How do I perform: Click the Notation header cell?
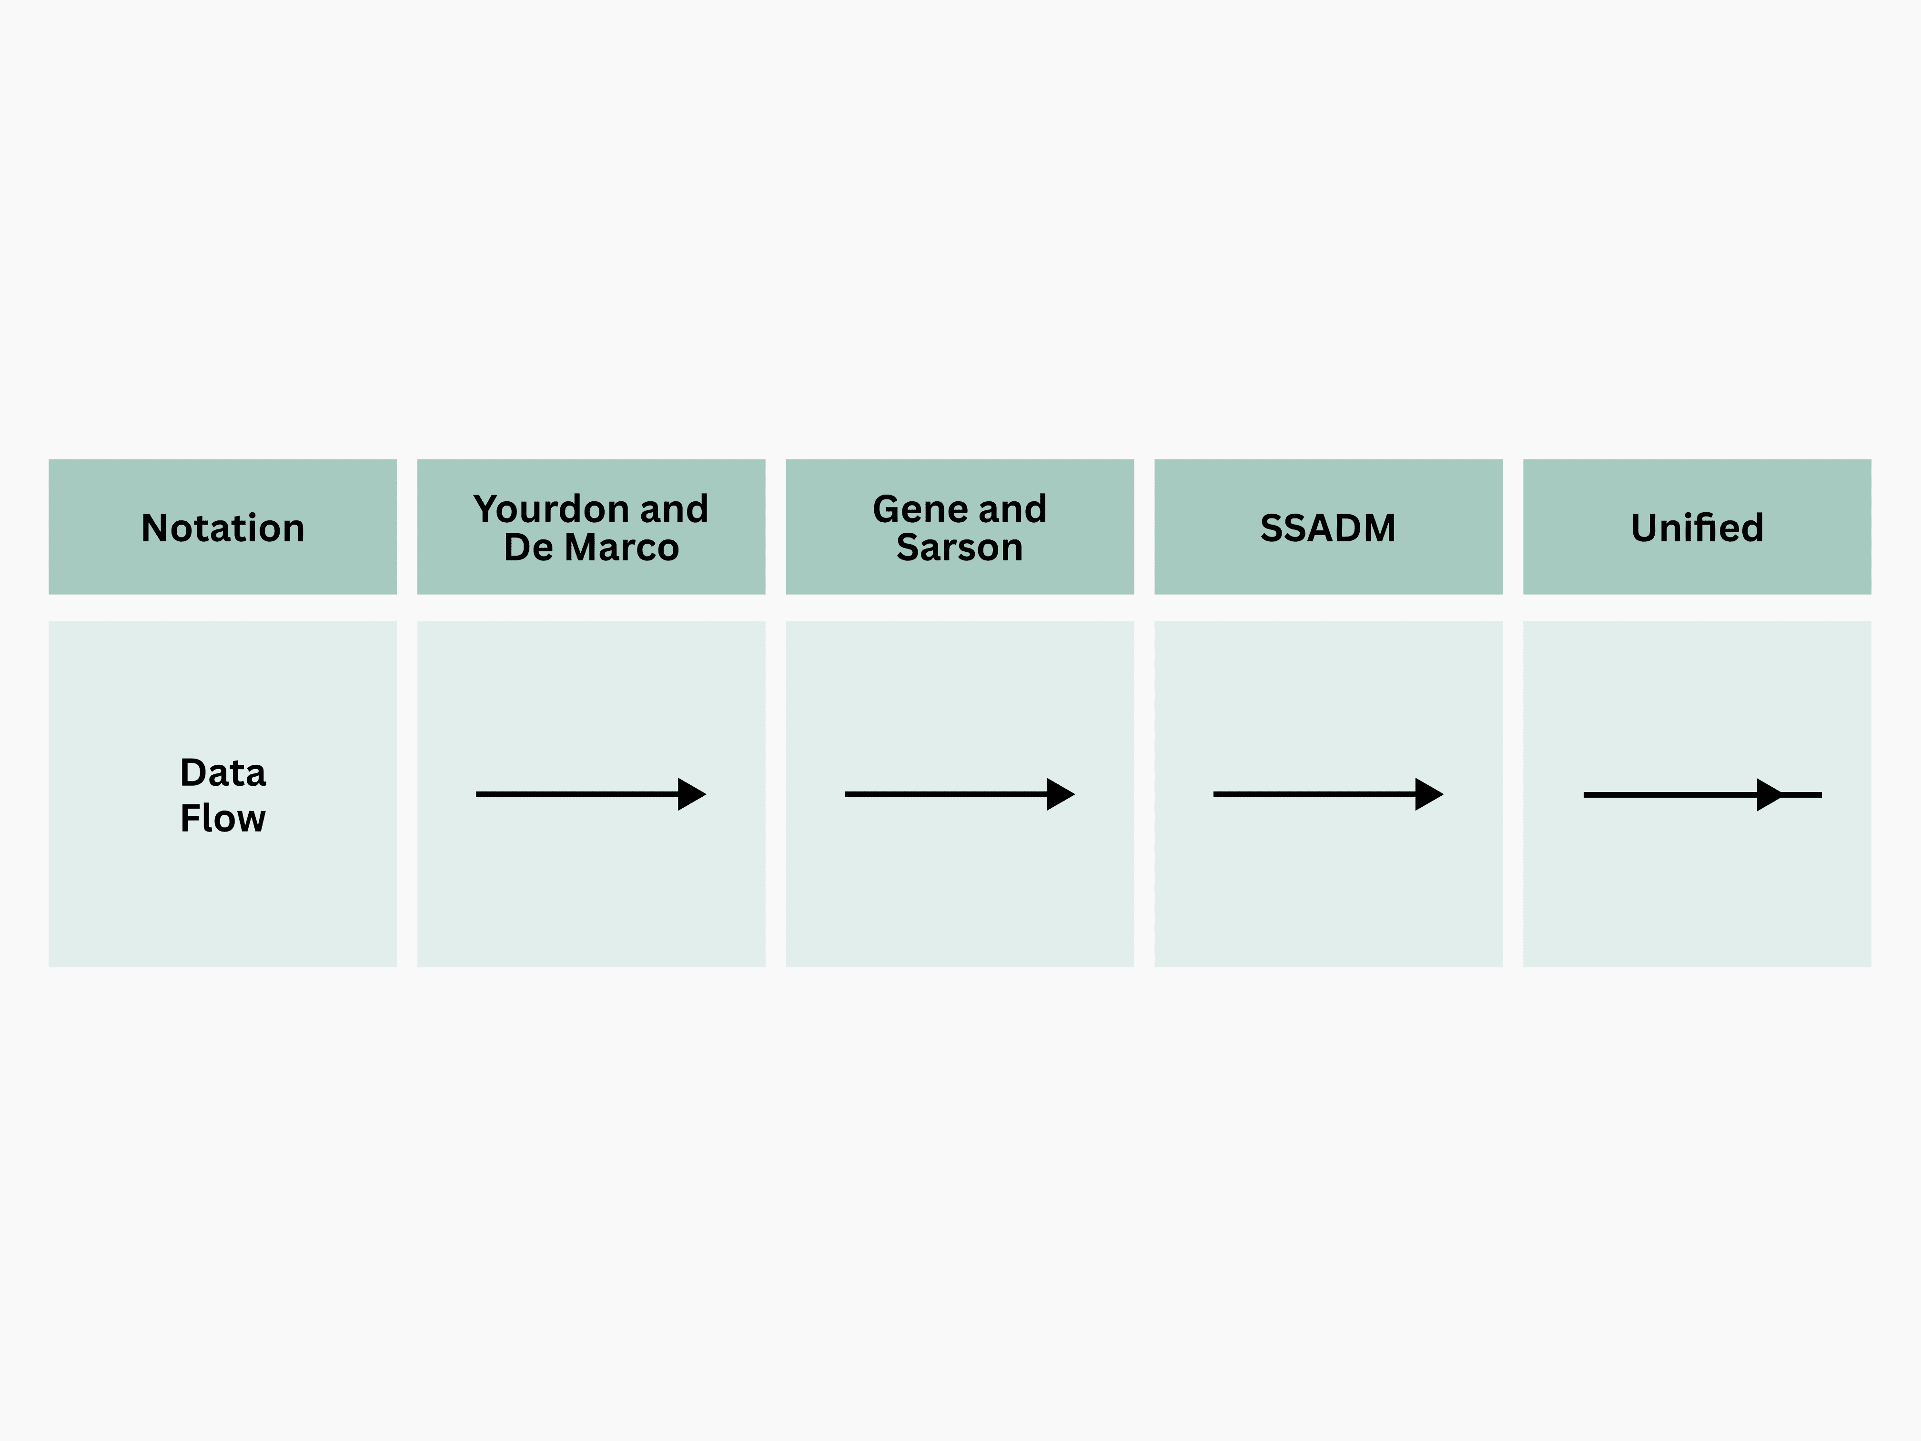pos(222,527)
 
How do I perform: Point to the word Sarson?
pos(960,547)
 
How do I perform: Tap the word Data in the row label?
pos(222,772)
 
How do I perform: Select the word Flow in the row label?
pos(222,818)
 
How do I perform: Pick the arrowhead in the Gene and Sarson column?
pos(1060,794)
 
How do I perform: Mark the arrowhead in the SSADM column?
pos(1428,794)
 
